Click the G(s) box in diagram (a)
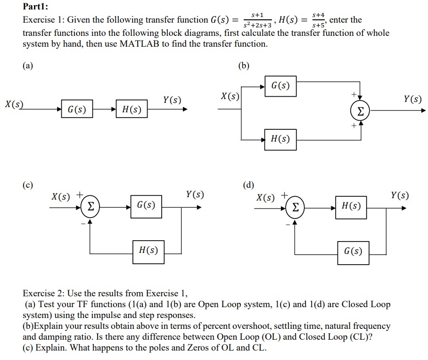pos(77,109)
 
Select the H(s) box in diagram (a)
pos(132,109)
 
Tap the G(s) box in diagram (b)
pos(280,86)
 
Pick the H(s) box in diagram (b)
pos(280,139)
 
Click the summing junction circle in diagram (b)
pos(360,112)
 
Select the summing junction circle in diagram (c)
pos(90,206)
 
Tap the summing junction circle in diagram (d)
pos(295,206)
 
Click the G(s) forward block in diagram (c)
pos(146,206)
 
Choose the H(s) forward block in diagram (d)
pos(351,206)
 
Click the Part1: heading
pos(36,7)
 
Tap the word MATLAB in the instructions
pos(142,44)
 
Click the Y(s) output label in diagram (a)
pos(172,100)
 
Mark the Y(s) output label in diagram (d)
pos(400,195)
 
